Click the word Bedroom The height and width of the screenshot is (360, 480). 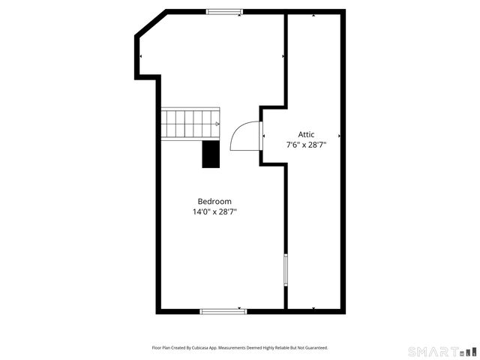coord(214,201)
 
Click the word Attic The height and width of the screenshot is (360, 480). coord(306,134)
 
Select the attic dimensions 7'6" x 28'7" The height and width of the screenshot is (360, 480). coord(306,145)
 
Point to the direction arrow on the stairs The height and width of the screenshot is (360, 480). coord(217,124)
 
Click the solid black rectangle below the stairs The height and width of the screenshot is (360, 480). coord(210,154)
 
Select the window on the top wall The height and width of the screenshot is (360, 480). coord(224,11)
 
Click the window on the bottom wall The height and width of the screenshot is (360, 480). coord(223,310)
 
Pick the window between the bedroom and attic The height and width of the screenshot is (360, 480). coord(286,270)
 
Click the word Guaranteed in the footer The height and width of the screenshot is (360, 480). coord(316,348)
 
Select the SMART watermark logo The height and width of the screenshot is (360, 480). coord(441,351)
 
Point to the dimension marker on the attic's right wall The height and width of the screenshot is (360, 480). coord(340,136)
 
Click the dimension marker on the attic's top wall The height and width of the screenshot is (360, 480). coord(314,13)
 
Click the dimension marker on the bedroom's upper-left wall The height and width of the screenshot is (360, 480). coord(140,56)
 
